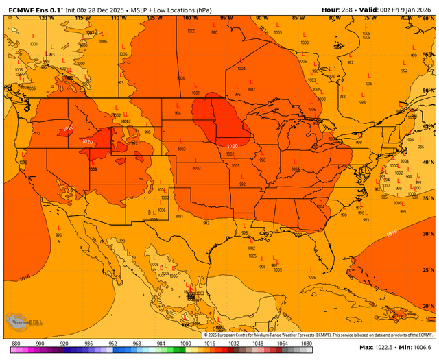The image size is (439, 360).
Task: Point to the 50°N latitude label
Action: tap(428, 91)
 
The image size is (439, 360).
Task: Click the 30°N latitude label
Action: tap(428, 235)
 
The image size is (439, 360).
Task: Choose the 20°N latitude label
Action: tap(428, 307)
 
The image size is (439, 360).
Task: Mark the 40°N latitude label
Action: tap(428, 163)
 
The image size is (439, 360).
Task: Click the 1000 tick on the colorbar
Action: tap(185, 343)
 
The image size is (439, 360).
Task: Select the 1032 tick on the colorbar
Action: tap(234, 343)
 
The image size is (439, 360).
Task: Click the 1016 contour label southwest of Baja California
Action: tap(25, 278)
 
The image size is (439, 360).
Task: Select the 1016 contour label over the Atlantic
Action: tap(391, 233)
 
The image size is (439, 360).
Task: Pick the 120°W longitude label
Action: tap(47, 19)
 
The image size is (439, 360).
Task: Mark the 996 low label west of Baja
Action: tap(58, 235)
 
